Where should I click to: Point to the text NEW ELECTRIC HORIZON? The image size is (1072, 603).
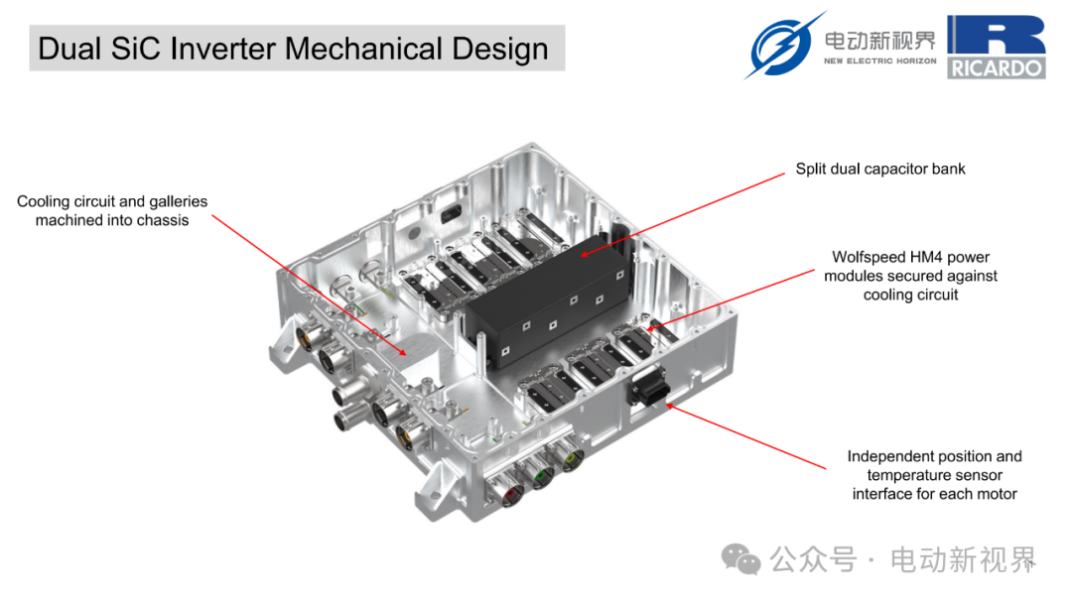click(879, 61)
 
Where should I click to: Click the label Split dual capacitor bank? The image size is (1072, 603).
click(880, 169)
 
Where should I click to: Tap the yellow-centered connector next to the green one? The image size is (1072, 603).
click(571, 461)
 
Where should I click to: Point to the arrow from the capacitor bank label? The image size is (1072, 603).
click(685, 214)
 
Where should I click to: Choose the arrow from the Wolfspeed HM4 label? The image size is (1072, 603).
click(735, 298)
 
